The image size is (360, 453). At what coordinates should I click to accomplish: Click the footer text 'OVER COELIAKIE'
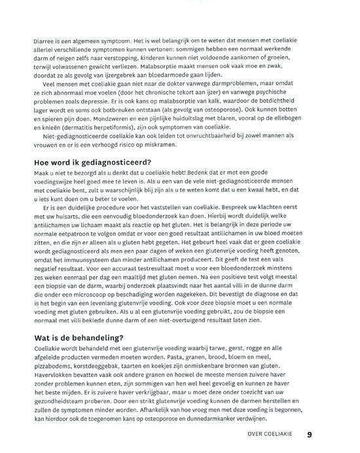[270, 433]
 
